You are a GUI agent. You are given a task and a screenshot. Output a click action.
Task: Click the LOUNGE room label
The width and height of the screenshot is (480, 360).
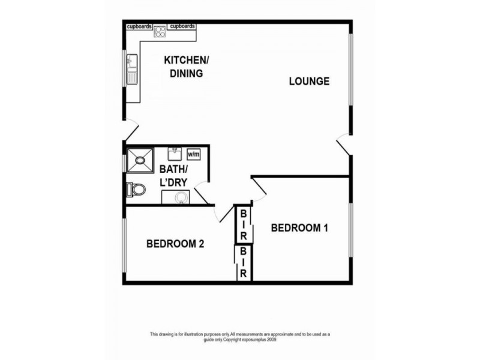(x=309, y=82)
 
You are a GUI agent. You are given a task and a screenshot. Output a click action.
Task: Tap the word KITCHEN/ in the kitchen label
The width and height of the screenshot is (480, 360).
(x=187, y=61)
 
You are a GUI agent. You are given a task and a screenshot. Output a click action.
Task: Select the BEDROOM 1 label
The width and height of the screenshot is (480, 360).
(x=299, y=228)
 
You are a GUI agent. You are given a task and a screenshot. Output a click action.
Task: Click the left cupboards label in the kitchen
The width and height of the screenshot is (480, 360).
(x=139, y=27)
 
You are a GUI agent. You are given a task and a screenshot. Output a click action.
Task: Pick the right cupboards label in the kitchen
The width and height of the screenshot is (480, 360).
(x=182, y=27)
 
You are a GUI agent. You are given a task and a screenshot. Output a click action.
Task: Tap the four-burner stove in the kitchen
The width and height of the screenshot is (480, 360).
(x=160, y=31)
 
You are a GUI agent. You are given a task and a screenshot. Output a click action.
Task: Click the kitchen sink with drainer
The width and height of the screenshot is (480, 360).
(x=132, y=69)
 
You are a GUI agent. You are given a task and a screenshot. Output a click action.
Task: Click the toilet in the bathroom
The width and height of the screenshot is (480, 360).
(x=136, y=190)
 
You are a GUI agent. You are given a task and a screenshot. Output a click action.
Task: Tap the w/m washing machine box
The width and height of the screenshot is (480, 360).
(x=194, y=153)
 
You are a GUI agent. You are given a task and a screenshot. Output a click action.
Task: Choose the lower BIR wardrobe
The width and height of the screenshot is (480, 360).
(x=244, y=262)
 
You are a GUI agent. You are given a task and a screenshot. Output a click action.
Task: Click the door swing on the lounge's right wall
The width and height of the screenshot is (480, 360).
(x=344, y=144)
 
